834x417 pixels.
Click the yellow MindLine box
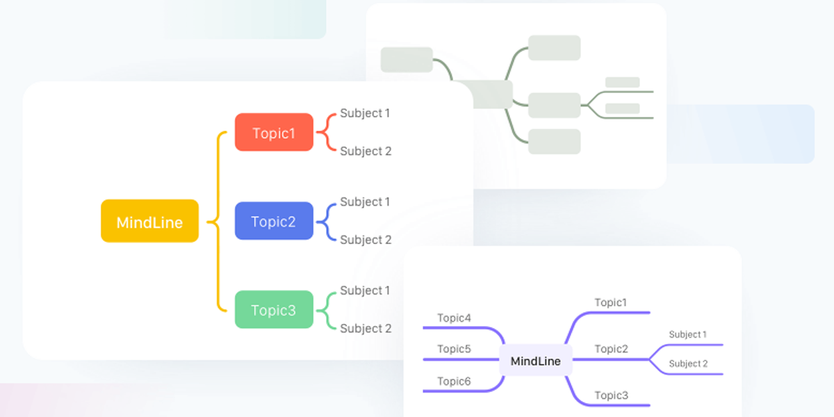[149, 222]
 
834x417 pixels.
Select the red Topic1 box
[274, 133]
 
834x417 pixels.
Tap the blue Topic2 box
[274, 221]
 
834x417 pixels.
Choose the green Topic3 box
[274, 310]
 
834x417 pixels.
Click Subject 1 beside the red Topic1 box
[365, 113]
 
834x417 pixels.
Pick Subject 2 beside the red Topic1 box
[366, 151]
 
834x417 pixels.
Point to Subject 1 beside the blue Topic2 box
[365, 202]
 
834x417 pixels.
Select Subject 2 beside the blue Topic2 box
[366, 240]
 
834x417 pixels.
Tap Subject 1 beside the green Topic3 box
[365, 291]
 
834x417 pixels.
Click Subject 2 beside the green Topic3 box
[366, 328]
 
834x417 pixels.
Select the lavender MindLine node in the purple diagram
[535, 361]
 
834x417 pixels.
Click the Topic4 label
[454, 318]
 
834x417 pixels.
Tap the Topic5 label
[454, 349]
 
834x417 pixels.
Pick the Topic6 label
[454, 381]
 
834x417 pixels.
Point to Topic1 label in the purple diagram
[611, 302]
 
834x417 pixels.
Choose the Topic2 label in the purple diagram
[611, 349]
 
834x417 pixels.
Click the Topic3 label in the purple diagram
[611, 395]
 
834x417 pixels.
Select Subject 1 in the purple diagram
[687, 334]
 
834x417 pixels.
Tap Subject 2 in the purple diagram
[688, 363]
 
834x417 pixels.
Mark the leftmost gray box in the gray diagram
[407, 60]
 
